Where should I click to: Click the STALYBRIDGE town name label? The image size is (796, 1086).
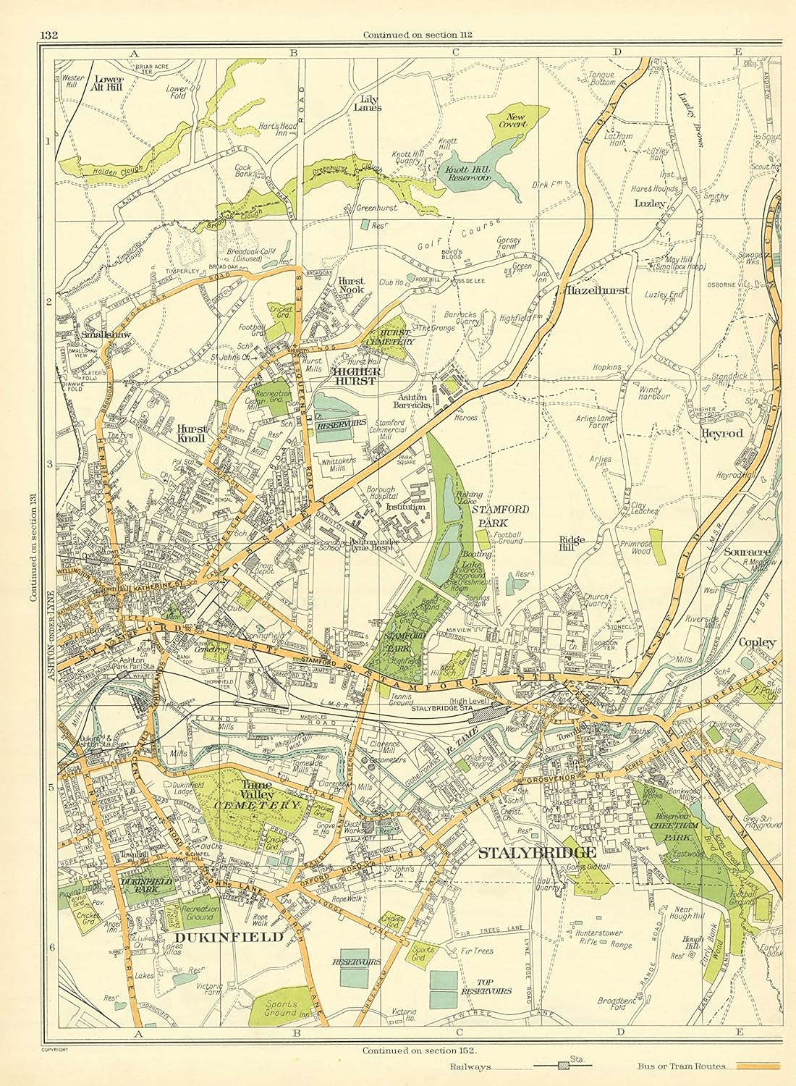pos(537,852)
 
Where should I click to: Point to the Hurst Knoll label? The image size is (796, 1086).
pos(192,433)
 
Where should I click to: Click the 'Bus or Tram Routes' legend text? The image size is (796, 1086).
pos(684,1066)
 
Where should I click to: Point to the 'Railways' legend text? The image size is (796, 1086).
pos(470,1067)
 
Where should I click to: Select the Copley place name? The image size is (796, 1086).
pos(757,641)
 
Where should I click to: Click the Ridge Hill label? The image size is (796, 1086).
pos(572,544)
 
